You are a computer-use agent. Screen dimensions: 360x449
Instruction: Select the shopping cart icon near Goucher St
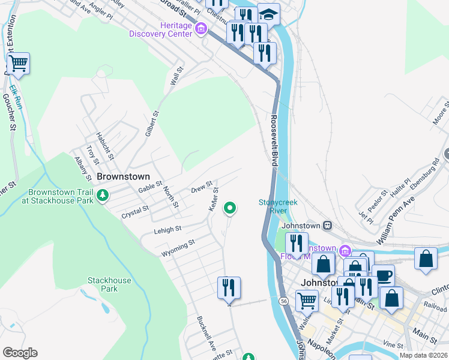19,63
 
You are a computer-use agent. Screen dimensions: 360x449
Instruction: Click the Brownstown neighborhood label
123,178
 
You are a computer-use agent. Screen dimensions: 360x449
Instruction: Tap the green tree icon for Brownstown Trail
103,195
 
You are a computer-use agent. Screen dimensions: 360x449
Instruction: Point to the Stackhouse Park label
109,284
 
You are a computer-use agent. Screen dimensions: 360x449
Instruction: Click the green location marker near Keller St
229,208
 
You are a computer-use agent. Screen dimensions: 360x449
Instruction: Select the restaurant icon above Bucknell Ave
229,287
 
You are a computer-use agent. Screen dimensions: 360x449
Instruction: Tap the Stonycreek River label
278,206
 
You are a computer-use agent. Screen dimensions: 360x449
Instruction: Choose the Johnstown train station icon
327,226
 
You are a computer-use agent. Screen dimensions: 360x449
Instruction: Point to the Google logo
20,353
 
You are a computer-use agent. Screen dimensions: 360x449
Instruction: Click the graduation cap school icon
268,14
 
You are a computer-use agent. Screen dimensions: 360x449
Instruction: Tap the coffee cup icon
383,276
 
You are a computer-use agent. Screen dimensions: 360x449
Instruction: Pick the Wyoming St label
178,247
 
